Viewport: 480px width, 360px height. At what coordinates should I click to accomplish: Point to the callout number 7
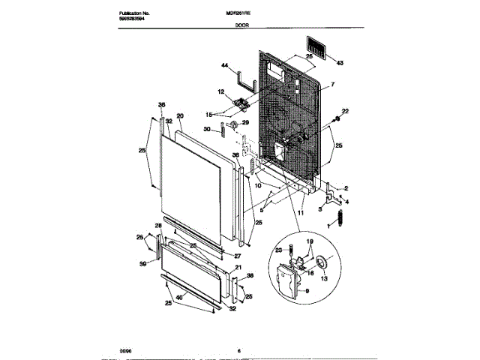point(333,85)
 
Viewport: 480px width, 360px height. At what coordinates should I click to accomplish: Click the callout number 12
point(221,92)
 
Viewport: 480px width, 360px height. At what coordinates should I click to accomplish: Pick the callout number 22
point(346,111)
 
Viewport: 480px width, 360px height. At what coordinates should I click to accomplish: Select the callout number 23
point(278,249)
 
